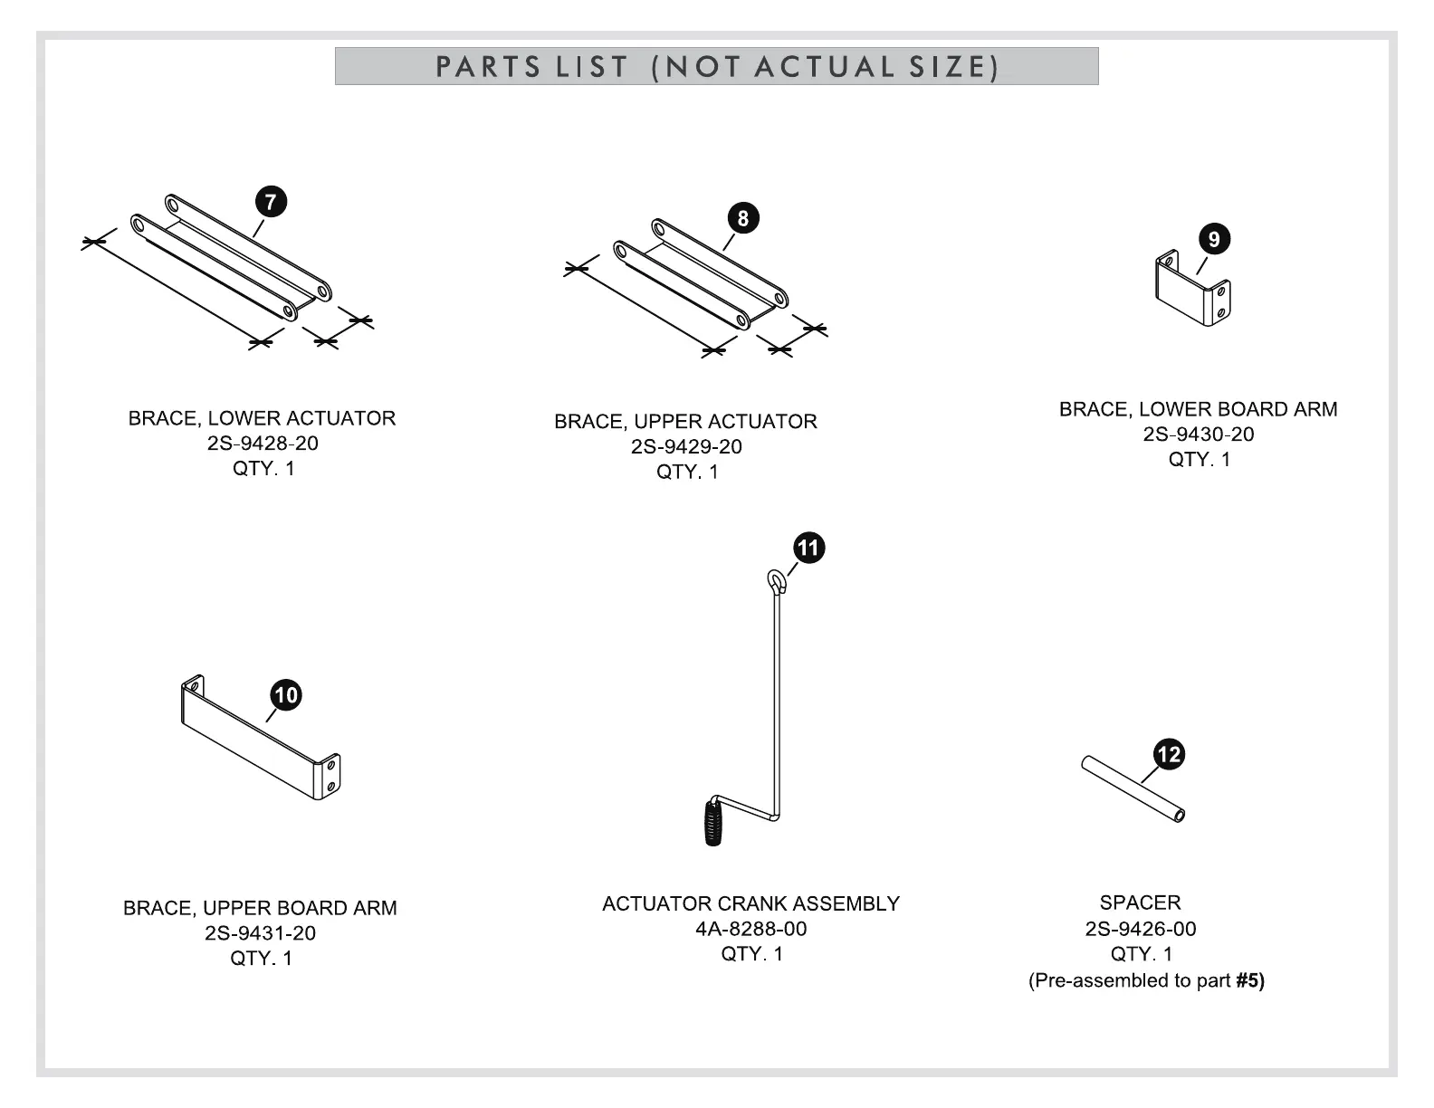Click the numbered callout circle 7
point(271,202)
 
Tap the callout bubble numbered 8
point(743,218)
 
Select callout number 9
point(1214,240)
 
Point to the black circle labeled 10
point(286,695)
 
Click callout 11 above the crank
point(808,548)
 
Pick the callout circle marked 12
point(1170,754)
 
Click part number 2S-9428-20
point(263,444)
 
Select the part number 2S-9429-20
point(686,446)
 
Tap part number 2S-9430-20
point(1199,435)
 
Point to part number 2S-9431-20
point(260,933)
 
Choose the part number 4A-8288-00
point(751,929)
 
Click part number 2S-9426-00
point(1141,929)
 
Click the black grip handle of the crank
point(714,823)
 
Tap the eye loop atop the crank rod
point(777,580)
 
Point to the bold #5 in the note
point(1249,980)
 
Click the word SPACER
point(1140,903)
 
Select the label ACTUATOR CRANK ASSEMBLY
point(750,903)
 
